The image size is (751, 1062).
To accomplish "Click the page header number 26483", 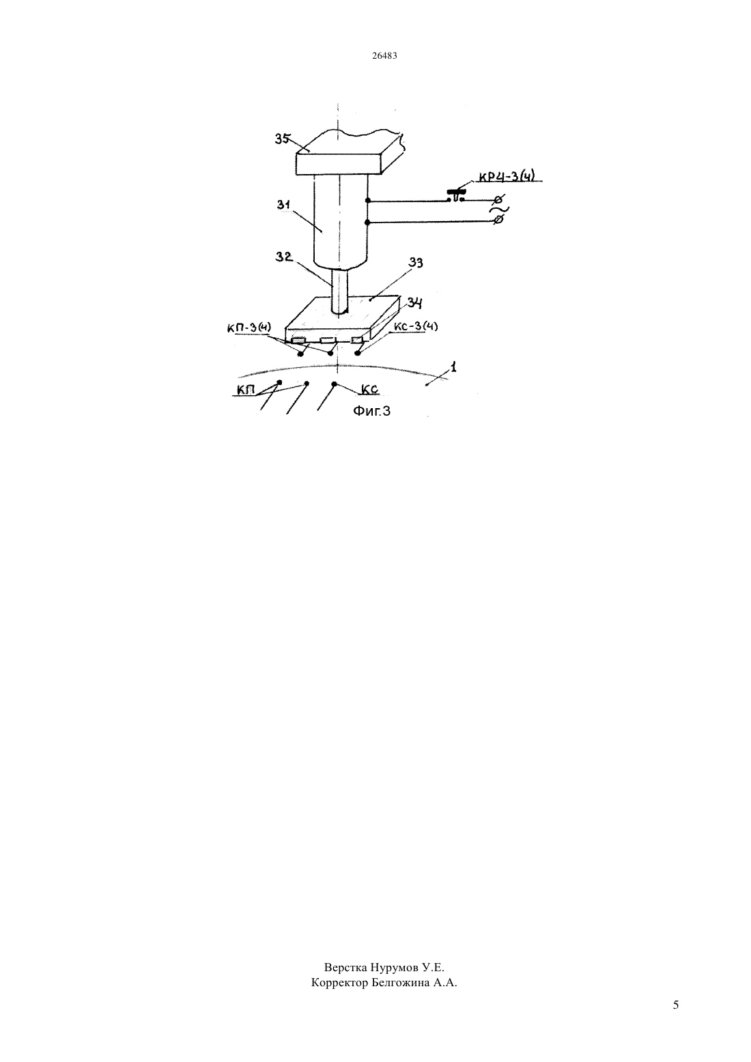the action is coord(384,55).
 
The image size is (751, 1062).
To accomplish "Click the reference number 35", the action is coord(283,139).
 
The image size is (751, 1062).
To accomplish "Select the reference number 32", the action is coord(284,257).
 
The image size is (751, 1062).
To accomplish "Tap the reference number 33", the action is coord(416,263).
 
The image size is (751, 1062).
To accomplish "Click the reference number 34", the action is coord(415,303).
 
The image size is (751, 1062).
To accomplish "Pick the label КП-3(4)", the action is coord(249,328).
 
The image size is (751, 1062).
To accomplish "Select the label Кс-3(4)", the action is coord(416,327).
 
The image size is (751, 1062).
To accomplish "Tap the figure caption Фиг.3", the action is coord(371,411).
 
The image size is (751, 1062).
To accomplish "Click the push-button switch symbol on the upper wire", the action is coord(456,195).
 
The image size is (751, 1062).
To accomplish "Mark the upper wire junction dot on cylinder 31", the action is coord(368,201).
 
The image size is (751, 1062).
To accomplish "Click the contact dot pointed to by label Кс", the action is coord(335,384).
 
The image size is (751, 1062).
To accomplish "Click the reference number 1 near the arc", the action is coord(454,367).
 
